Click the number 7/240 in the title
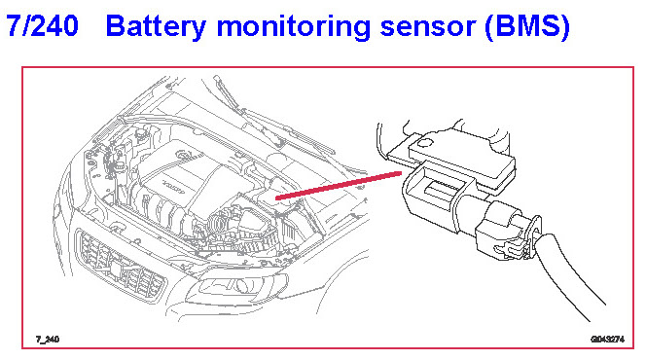pyautogui.click(x=42, y=25)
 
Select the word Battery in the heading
pyautogui.click(x=156, y=27)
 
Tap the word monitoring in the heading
pyautogui.click(x=294, y=28)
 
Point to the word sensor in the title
pyautogui.click(x=428, y=28)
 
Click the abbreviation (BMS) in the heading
pyautogui.click(x=527, y=27)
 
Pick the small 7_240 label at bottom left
pyautogui.click(x=48, y=339)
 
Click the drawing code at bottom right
pyautogui.click(x=608, y=339)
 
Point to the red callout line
pyautogui.click(x=339, y=186)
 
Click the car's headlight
pyautogui.click(x=236, y=286)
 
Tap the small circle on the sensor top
pyautogui.click(x=424, y=142)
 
